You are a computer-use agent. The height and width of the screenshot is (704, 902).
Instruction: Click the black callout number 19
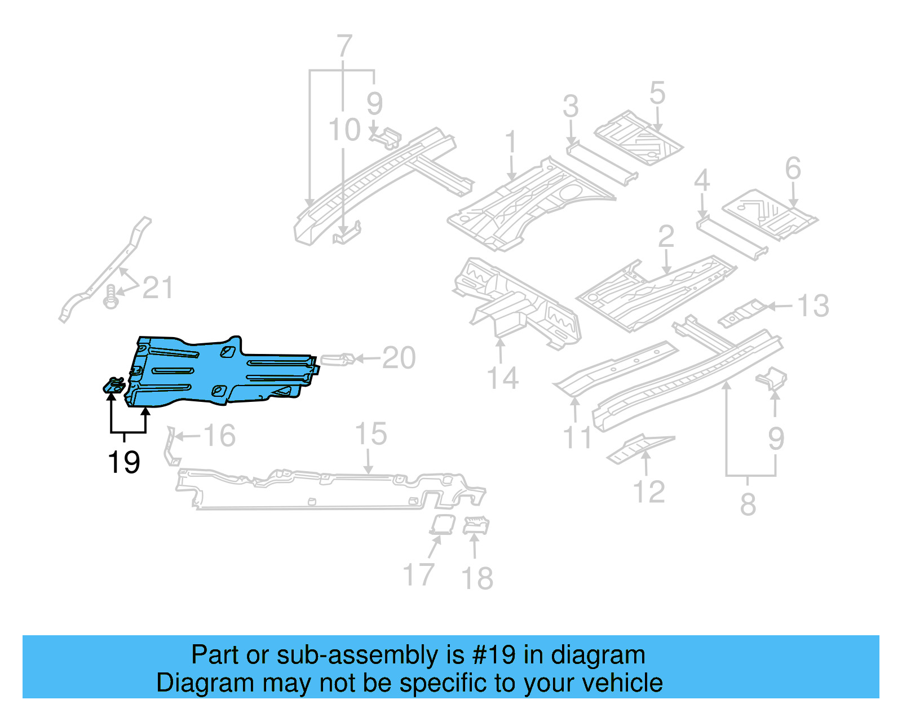point(123,462)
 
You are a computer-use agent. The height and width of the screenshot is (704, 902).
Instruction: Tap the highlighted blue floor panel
point(220,372)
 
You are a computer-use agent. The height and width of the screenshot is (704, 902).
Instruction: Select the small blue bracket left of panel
point(114,386)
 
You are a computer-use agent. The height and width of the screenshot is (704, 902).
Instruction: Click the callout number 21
point(157,288)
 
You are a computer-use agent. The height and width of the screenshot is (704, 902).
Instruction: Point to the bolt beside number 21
point(111,296)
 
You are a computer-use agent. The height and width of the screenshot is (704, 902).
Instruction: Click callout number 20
point(399,358)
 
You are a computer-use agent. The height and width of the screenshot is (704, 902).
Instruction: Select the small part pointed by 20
point(337,359)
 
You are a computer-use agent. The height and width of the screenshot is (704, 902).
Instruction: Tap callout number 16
point(219,436)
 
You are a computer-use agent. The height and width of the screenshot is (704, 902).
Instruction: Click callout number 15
point(371,434)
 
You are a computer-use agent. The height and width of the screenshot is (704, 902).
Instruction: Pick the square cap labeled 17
point(443,524)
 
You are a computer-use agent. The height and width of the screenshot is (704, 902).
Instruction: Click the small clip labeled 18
point(476,526)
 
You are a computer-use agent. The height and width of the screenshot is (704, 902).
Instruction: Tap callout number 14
point(502,378)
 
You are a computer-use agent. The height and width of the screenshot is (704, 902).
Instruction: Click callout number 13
point(813,306)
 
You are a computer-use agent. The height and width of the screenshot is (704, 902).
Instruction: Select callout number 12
point(649,492)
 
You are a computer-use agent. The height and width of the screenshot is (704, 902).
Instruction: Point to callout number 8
point(748,504)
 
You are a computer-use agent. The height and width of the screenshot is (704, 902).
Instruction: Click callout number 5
point(657,93)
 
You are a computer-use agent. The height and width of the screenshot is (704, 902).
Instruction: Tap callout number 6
point(793,169)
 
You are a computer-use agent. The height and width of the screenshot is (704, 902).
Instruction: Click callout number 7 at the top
point(344,46)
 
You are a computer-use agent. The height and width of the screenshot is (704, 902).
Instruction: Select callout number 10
point(344,130)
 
